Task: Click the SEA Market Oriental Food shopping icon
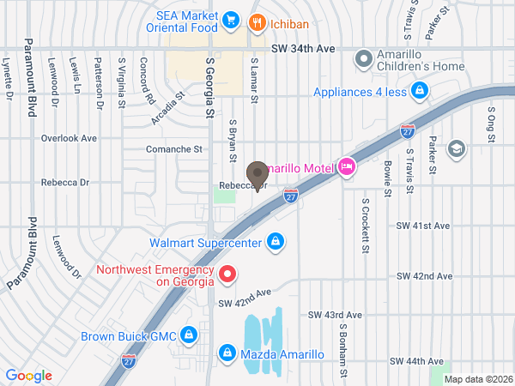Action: [230, 19]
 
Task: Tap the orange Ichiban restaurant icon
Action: [255, 22]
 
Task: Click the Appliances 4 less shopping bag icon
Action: [419, 90]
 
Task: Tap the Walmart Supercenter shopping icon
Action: [275, 243]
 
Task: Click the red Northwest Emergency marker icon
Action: [227, 274]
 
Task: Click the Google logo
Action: [28, 376]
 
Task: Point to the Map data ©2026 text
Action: [477, 378]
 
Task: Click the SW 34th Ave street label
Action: [302, 50]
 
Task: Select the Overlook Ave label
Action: [70, 137]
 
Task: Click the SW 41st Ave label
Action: [422, 226]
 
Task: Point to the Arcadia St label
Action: [168, 109]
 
